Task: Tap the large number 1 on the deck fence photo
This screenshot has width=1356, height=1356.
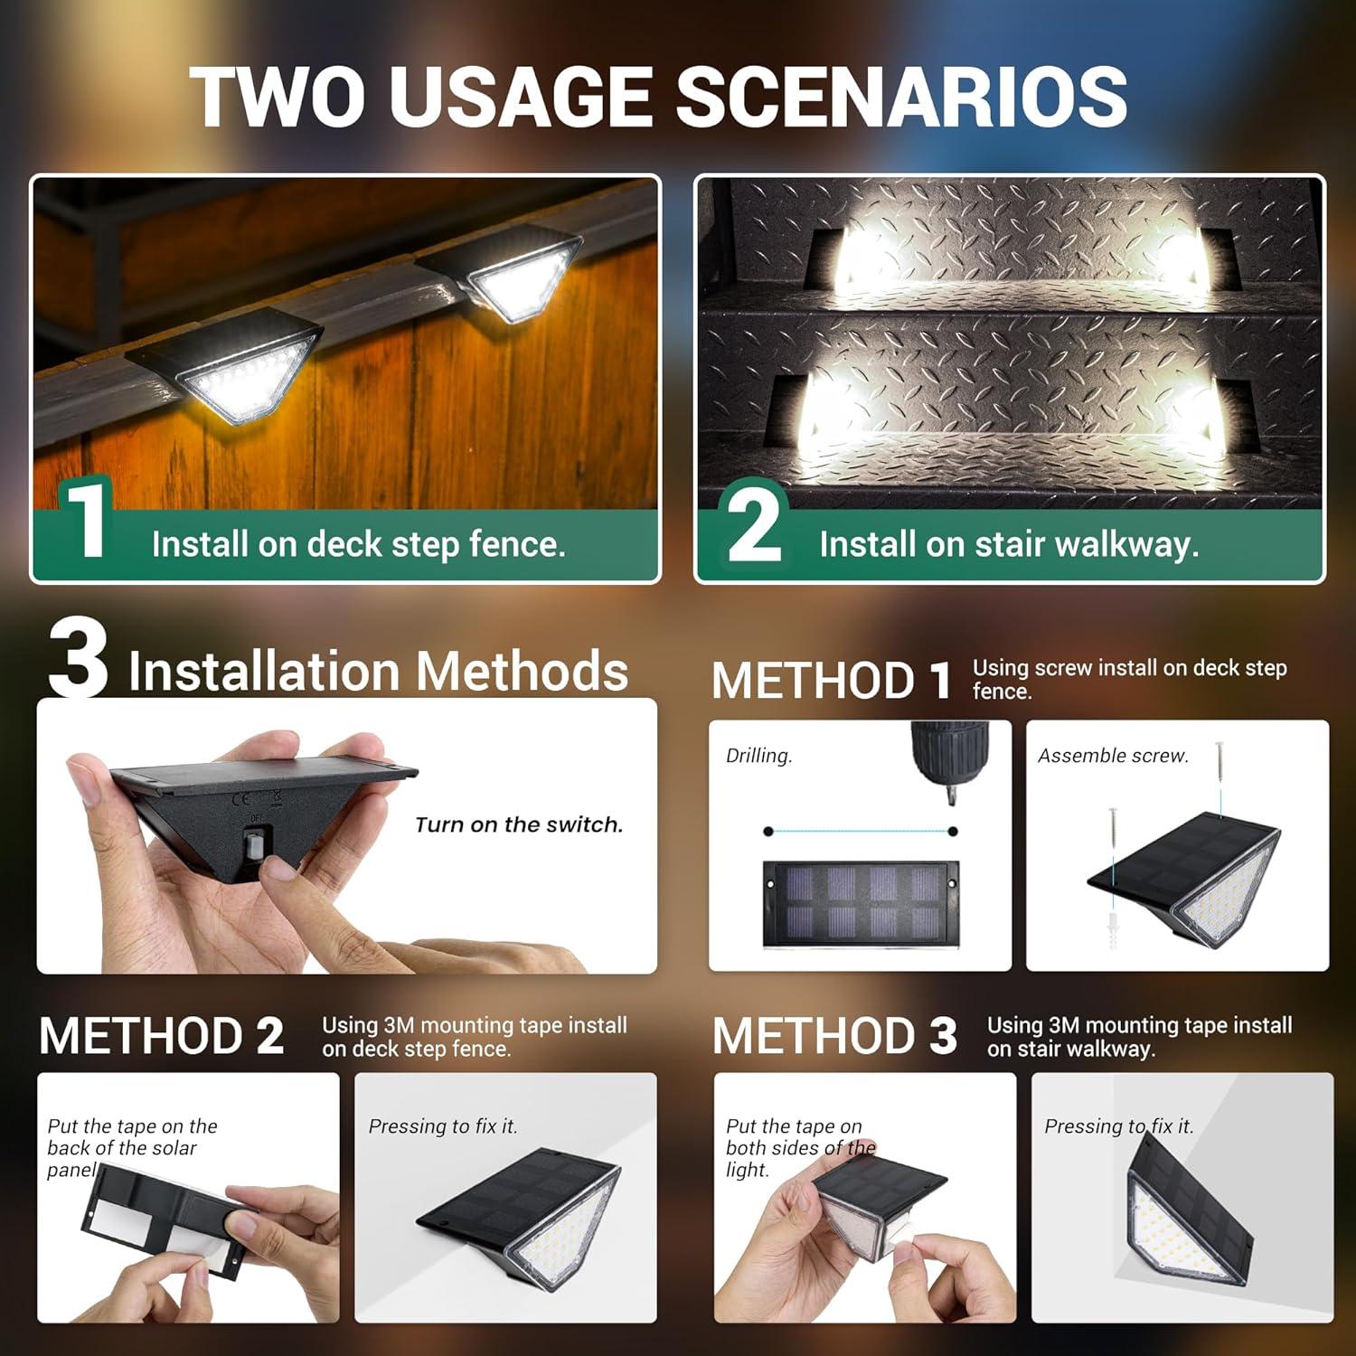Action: coord(86,522)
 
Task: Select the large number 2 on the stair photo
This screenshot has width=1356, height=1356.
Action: coord(754,523)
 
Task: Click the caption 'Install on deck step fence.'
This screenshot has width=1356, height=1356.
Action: coord(358,544)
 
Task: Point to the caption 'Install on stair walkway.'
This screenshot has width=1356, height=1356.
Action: coord(1009,544)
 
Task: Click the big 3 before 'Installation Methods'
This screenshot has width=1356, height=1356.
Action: coord(78,658)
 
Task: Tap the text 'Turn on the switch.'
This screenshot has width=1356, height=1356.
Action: coord(519,824)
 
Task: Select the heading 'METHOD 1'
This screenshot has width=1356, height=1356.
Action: coord(831,680)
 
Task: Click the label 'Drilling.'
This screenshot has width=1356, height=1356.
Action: coord(758,756)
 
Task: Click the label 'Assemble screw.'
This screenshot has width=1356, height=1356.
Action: coord(1113,756)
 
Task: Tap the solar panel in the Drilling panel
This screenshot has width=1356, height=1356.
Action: coord(859,903)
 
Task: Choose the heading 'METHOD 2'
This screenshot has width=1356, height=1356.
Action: coord(161,1036)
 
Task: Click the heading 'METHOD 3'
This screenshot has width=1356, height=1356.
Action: coord(833,1036)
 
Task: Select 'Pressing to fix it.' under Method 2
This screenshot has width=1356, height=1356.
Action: coord(443,1126)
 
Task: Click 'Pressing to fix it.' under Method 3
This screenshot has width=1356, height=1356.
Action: coord(1118,1126)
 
